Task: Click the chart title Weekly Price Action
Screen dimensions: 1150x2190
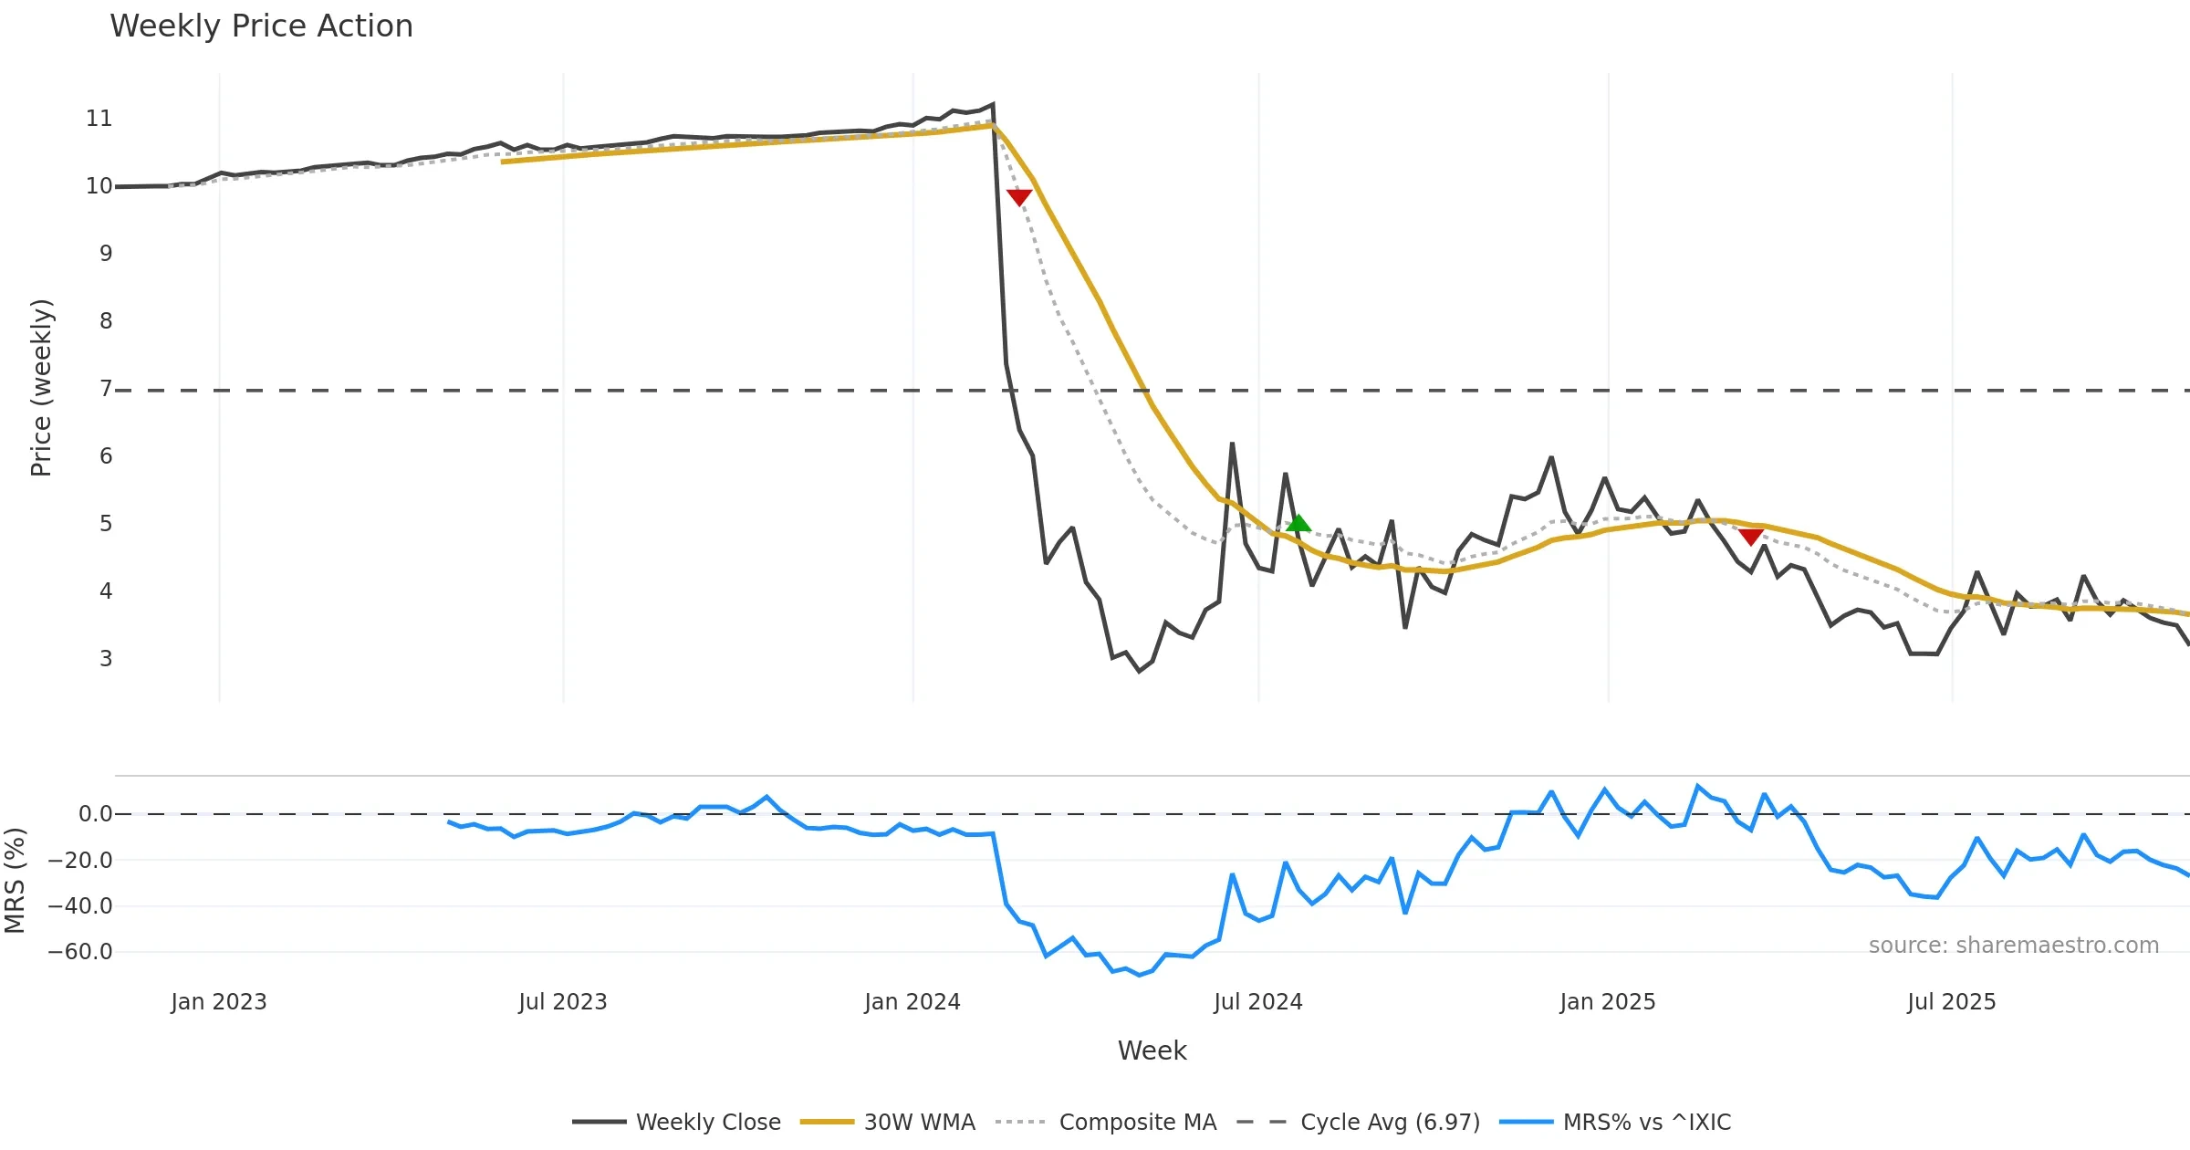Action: (261, 26)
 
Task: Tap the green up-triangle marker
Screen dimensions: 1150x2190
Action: (1298, 523)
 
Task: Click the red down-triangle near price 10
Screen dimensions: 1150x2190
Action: (1019, 197)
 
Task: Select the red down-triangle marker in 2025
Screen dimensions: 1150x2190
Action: (1750, 536)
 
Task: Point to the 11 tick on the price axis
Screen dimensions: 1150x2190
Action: (99, 119)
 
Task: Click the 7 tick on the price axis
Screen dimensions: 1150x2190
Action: (106, 389)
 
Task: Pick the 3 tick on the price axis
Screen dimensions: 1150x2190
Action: (106, 659)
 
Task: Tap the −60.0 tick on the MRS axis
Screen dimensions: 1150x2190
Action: (80, 952)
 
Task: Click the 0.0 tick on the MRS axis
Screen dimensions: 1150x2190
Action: (95, 814)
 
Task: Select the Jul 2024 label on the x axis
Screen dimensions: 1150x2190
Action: (1257, 1002)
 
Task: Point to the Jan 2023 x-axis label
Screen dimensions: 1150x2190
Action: (219, 1002)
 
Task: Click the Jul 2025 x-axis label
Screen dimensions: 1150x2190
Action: (1951, 1002)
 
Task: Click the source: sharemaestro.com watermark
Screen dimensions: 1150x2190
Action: (2013, 946)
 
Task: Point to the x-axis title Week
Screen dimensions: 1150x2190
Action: (1152, 1051)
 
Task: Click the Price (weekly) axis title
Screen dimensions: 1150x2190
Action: (41, 388)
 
